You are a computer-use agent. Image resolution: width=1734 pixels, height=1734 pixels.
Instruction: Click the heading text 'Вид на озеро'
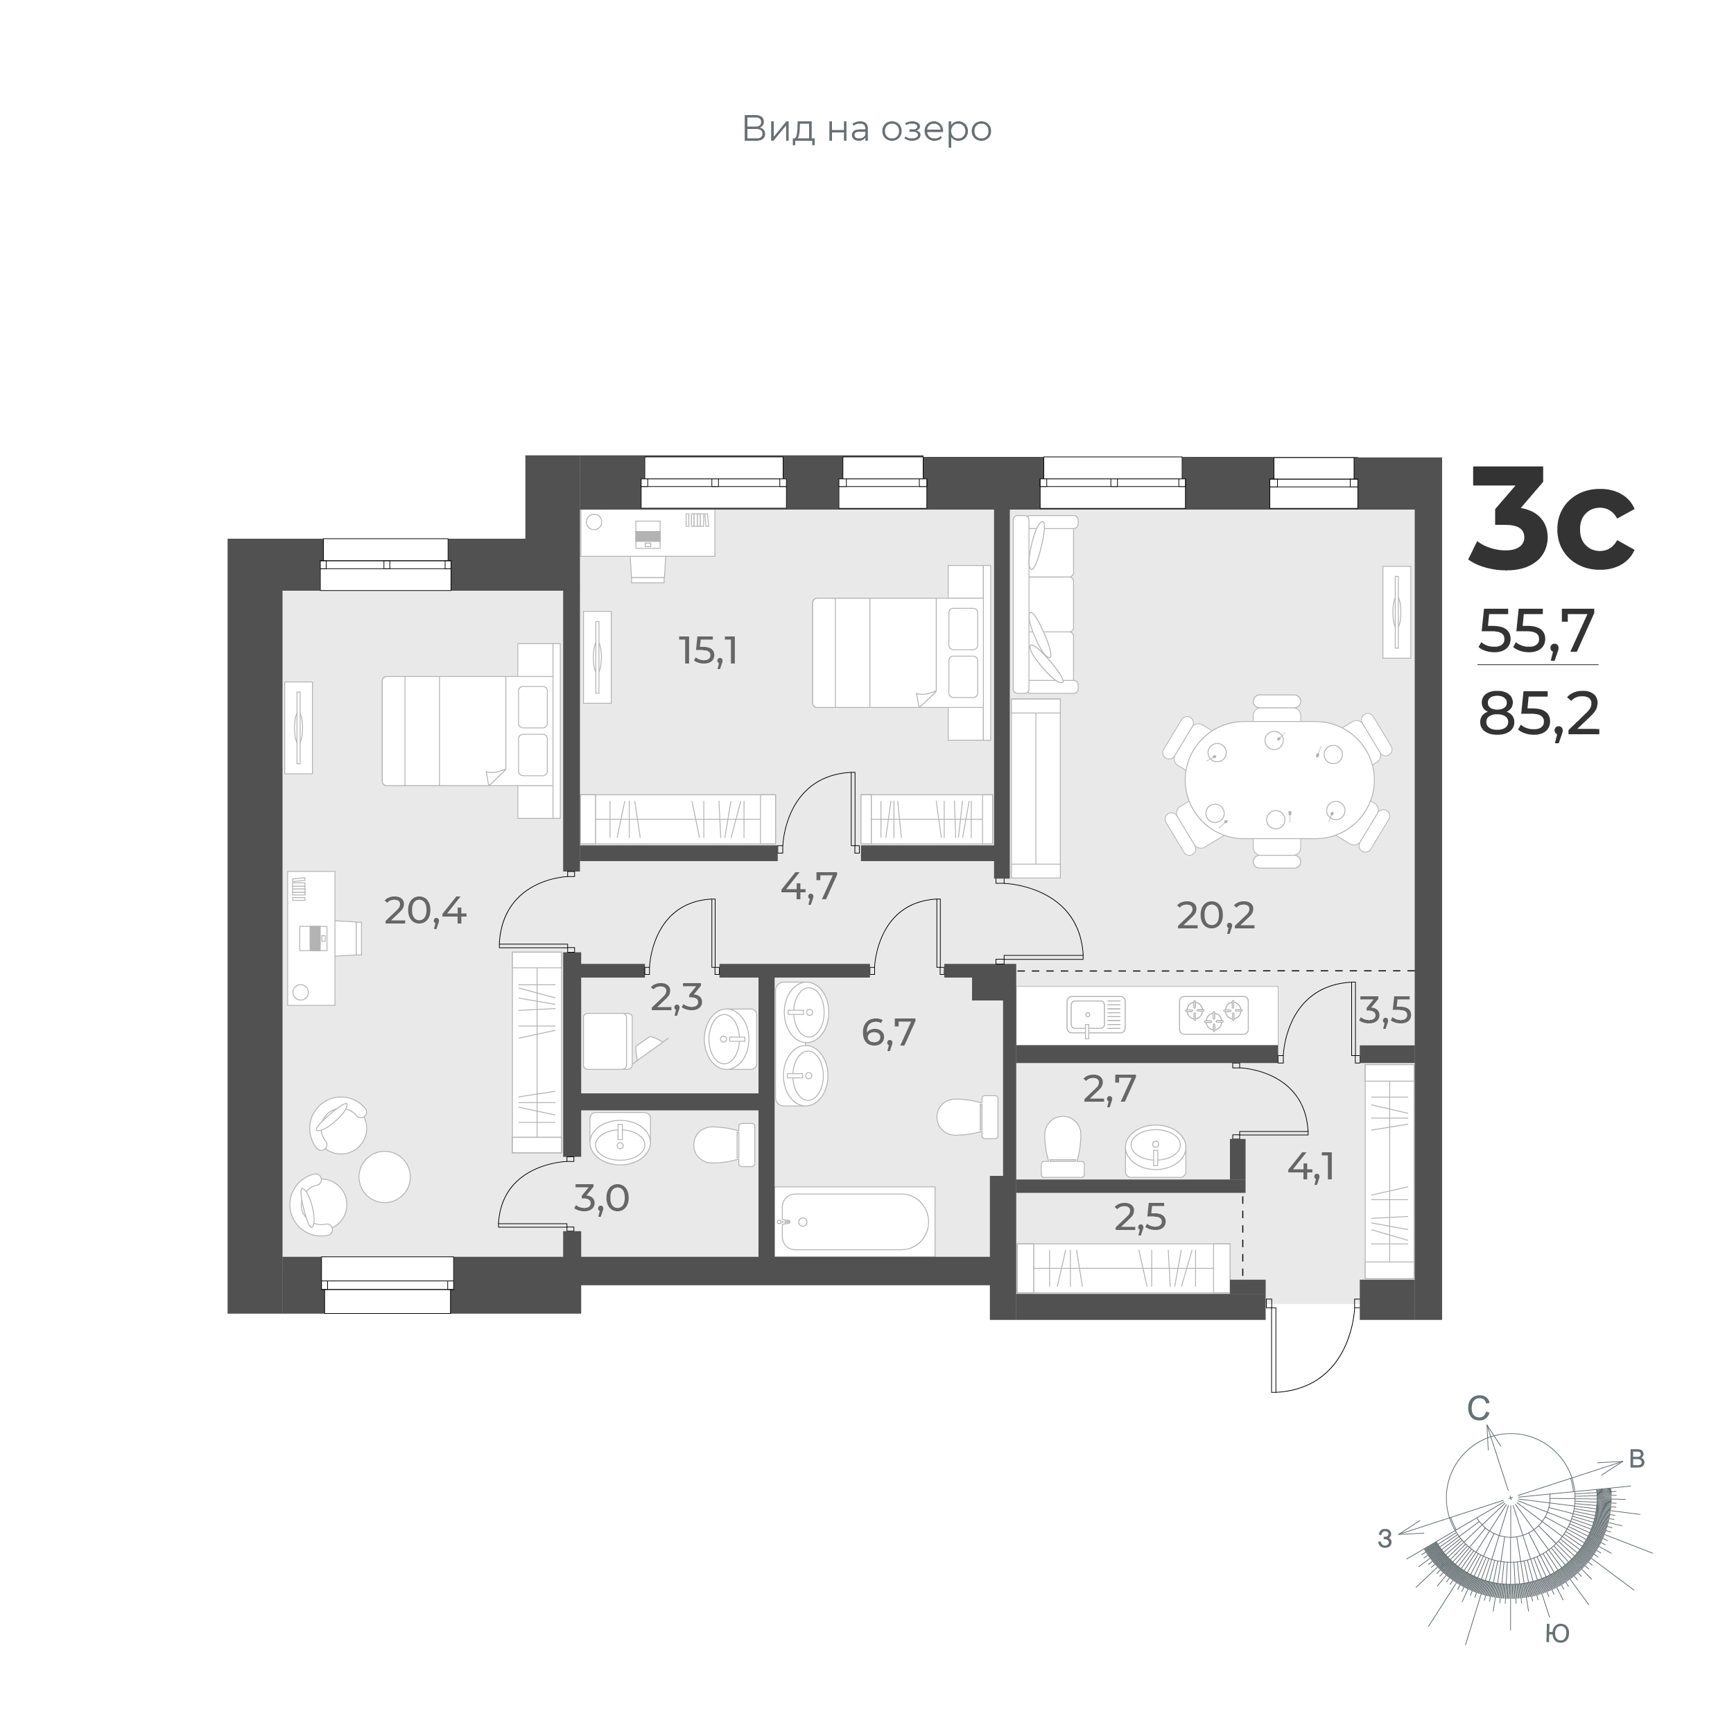point(866,129)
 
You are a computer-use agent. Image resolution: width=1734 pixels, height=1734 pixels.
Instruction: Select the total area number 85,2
point(1539,716)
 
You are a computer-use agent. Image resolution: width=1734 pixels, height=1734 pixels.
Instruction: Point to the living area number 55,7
point(1536,632)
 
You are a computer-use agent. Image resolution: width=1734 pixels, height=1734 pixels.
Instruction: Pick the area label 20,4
point(426,912)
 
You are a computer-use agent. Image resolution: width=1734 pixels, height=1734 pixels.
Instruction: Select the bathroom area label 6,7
point(889,1033)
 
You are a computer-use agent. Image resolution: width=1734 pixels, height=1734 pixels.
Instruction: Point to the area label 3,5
point(1385,1012)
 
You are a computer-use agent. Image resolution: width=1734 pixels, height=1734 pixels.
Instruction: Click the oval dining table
point(1279,780)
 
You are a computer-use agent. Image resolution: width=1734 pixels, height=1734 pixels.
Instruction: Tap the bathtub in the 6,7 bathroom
point(856,1221)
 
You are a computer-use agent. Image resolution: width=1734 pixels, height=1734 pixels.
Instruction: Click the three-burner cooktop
point(1213,1015)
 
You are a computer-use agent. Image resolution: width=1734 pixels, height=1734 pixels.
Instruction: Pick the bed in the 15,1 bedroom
point(889,652)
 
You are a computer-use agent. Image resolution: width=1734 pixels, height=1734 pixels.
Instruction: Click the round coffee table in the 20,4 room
point(384,1176)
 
